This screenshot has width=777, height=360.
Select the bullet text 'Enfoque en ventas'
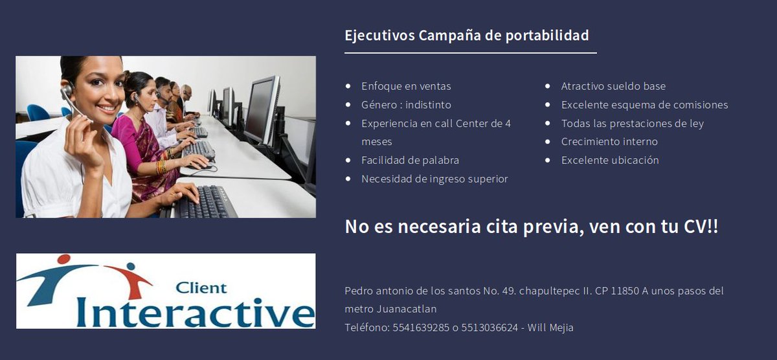406,86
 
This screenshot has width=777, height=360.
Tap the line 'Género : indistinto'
406,105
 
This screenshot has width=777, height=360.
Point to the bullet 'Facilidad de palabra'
410,160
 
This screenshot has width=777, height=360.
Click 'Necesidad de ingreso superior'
434,179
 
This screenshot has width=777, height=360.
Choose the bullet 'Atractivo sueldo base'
613,86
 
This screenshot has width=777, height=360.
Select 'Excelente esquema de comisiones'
644,105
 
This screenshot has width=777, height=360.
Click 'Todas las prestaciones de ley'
632,123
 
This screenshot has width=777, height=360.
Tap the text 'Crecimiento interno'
609,141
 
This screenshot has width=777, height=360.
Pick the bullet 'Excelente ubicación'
610,160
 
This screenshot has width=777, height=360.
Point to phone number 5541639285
421,328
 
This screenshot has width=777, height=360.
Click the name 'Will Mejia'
550,328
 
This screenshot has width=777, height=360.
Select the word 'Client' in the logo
201,287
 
